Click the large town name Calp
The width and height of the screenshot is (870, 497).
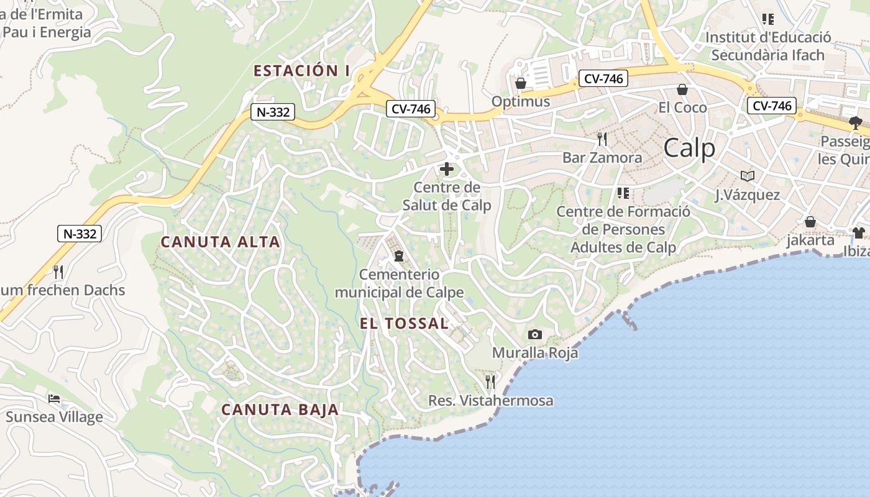pos(689,148)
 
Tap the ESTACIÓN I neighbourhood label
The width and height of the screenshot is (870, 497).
pos(301,71)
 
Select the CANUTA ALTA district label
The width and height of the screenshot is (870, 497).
pos(221,242)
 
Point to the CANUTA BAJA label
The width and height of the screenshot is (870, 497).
pos(280,409)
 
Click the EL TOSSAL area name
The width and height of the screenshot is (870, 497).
pos(404,323)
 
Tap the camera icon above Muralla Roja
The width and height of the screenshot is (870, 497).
pos(534,335)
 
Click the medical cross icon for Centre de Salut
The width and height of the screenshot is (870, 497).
pos(446,169)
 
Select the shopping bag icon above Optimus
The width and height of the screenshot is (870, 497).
pos(521,83)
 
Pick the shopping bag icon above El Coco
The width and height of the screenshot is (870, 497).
pos(682,89)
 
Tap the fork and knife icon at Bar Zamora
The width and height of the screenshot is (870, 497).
pos(602,139)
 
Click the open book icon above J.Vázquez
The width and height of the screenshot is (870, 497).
pos(747,176)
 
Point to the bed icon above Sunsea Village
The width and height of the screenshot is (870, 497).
pos(54,398)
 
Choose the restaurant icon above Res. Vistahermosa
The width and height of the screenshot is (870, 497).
pos(490,381)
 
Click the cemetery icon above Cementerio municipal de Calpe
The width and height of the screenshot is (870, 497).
pos(398,255)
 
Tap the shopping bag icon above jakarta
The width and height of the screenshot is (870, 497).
pos(810,222)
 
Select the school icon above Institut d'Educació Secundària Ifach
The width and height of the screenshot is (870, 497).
pos(768,19)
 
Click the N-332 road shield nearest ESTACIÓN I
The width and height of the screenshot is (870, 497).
pos(272,112)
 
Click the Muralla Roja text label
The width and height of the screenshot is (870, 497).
pos(535,353)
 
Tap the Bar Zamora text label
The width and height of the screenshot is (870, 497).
pos(602,157)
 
